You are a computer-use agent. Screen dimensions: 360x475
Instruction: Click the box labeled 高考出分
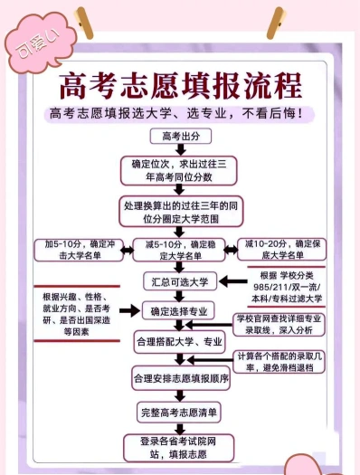(181, 136)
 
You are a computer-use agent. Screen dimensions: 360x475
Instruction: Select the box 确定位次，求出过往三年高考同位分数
(178, 171)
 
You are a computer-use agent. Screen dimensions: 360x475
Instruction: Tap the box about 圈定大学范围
(181, 212)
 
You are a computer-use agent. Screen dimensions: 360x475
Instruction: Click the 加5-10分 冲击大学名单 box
(79, 250)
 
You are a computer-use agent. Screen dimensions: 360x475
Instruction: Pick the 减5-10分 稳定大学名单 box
(179, 250)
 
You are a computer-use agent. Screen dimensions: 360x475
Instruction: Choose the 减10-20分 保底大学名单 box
(282, 250)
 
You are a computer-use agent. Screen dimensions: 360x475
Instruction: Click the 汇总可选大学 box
(180, 281)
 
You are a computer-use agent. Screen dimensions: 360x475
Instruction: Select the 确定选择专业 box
(178, 311)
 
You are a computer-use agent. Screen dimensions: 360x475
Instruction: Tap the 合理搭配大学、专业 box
(179, 342)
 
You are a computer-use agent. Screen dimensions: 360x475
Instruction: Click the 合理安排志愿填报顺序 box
(181, 378)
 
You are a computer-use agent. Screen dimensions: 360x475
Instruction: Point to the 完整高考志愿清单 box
(179, 413)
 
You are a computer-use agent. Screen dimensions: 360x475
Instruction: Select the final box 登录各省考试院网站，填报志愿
(178, 448)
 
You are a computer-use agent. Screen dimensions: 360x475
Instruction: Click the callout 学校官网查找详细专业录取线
(279, 325)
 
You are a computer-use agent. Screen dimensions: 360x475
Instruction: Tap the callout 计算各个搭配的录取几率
(279, 362)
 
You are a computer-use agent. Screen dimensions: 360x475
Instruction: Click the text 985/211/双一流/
(287, 287)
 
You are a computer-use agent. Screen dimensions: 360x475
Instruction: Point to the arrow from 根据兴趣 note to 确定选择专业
(129, 310)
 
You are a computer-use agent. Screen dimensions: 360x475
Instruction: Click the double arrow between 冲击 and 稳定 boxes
(128, 251)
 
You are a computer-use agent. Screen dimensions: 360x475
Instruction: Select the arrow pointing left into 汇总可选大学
(232, 281)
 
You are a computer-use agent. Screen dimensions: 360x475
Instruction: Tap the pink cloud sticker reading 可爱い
(41, 43)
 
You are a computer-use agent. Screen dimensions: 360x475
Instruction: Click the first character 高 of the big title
(72, 85)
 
